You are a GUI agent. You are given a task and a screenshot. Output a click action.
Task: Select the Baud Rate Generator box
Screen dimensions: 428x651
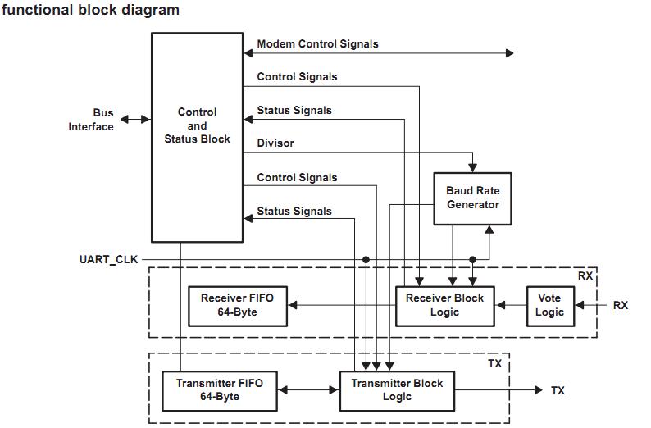click(x=472, y=198)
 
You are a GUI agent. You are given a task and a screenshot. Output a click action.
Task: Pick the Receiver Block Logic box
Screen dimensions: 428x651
click(x=444, y=305)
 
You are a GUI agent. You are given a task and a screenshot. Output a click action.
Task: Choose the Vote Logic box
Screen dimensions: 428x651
click(x=549, y=305)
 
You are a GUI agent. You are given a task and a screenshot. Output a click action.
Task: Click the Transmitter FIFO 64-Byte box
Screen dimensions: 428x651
click(x=218, y=390)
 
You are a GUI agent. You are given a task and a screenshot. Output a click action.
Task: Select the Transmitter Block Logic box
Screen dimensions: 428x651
click(x=397, y=390)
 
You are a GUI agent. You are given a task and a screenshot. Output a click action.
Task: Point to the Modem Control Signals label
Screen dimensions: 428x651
click(x=317, y=43)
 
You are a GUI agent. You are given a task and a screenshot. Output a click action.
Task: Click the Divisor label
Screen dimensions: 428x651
click(x=275, y=143)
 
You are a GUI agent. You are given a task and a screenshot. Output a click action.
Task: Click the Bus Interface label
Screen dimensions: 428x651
click(x=91, y=120)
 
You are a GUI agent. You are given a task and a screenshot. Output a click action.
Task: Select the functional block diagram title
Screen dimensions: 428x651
click(x=90, y=11)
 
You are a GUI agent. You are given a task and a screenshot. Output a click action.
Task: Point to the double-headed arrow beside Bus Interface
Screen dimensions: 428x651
click(x=135, y=120)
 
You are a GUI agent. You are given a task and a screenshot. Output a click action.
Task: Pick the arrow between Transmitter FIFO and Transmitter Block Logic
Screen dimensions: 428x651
click(x=307, y=390)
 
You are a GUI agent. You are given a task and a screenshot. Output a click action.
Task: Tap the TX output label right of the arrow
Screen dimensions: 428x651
click(x=558, y=390)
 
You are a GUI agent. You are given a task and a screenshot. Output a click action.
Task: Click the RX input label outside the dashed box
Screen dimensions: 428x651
click(x=621, y=305)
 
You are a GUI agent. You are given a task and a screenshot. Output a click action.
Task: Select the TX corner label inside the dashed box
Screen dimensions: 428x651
click(x=495, y=362)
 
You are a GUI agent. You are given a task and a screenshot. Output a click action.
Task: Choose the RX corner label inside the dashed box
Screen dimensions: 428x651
click(x=585, y=275)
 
